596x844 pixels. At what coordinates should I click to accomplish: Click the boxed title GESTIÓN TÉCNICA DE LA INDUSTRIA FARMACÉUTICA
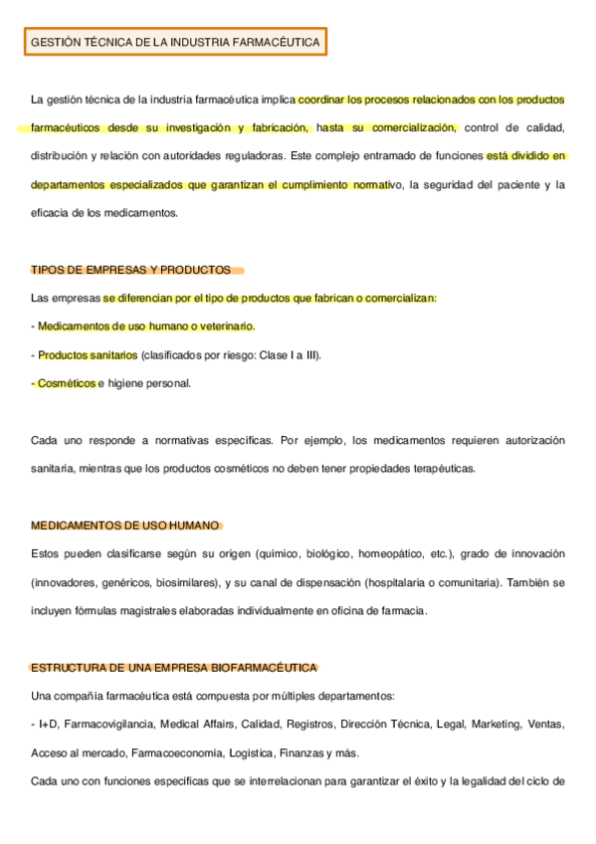pyautogui.click(x=175, y=43)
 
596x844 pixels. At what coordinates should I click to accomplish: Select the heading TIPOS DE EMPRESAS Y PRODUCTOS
pyautogui.click(x=130, y=270)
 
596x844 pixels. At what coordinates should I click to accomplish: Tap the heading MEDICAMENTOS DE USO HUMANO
pyautogui.click(x=124, y=526)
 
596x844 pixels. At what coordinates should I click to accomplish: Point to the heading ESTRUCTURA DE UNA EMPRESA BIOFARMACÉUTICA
pyautogui.click(x=174, y=667)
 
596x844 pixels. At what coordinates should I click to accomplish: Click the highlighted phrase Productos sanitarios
pyautogui.click(x=88, y=354)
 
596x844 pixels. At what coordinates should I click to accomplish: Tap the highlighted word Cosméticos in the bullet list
pyautogui.click(x=66, y=383)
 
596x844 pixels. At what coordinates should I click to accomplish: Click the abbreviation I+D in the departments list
pyautogui.click(x=46, y=724)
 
